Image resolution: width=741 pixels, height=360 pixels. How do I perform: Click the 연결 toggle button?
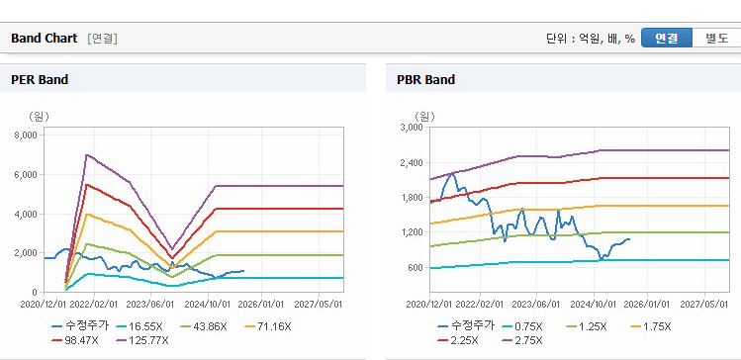click(667, 39)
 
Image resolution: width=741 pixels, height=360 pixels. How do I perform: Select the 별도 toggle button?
click(716, 39)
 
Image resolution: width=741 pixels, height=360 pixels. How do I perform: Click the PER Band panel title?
click(40, 80)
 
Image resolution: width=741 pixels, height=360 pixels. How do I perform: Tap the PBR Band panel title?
click(425, 80)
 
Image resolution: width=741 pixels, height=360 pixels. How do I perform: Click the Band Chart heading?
click(44, 39)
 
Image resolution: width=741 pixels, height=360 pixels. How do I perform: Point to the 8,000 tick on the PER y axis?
click(27, 135)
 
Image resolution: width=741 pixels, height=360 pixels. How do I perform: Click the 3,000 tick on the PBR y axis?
click(413, 128)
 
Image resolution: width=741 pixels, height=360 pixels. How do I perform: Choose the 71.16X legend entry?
click(268, 326)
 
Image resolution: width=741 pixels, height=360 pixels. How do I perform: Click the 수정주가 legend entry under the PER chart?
click(80, 326)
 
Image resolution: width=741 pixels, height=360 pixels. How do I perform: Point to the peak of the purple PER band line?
click(86, 154)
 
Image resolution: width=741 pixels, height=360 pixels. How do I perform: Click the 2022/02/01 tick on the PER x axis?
click(95, 305)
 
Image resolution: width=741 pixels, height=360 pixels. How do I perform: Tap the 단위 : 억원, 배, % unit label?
click(591, 39)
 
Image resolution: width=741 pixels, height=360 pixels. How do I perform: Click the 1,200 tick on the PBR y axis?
click(413, 232)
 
